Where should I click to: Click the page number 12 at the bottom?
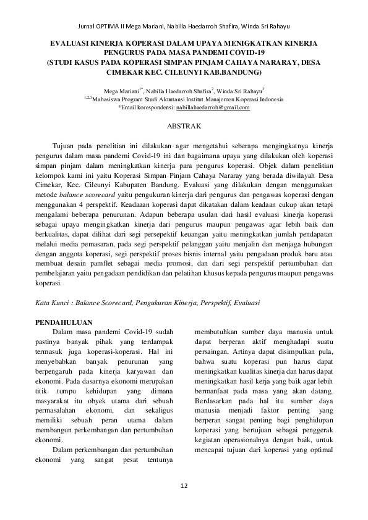pos(184,485)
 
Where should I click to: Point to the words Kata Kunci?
pos(50,303)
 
